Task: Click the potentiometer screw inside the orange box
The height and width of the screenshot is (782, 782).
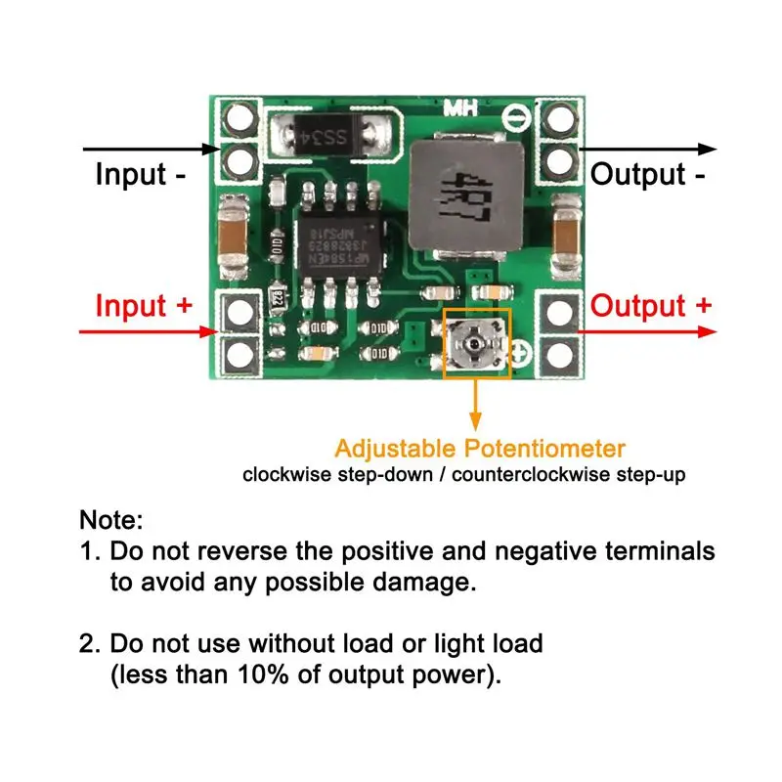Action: tap(476, 344)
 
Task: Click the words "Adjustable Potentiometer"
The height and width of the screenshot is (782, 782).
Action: tap(479, 450)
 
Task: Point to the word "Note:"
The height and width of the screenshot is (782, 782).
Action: tap(110, 519)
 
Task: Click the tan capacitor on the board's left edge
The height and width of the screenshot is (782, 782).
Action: tap(234, 232)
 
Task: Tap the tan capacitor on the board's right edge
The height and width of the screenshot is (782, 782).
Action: tap(566, 232)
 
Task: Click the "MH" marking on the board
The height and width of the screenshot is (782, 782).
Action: tap(461, 109)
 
